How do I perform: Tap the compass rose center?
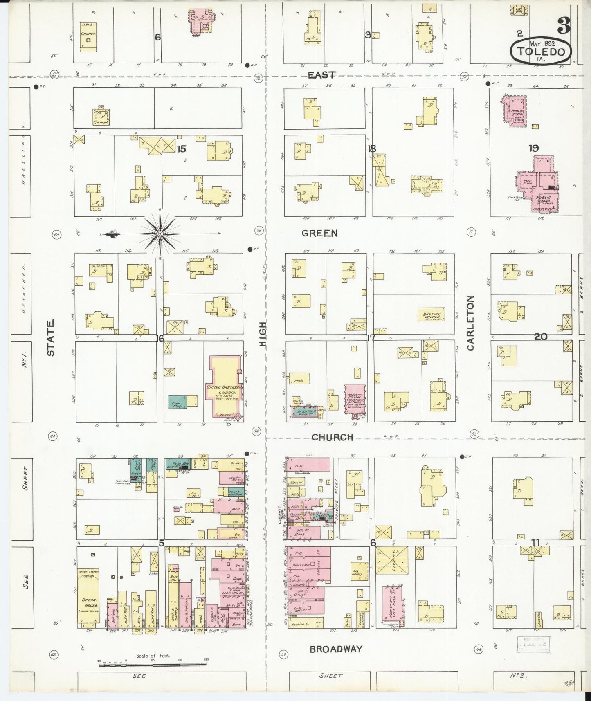pyautogui.click(x=160, y=234)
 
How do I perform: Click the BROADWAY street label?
pyautogui.click(x=336, y=649)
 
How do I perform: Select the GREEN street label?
pyautogui.click(x=320, y=233)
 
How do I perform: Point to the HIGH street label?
pyautogui.click(x=263, y=334)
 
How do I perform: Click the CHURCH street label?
pyautogui.click(x=332, y=437)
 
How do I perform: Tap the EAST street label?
pyautogui.click(x=322, y=75)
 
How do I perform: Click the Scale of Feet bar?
pyautogui.click(x=153, y=665)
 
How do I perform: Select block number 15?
pyautogui.click(x=181, y=149)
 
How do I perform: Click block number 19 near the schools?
pyautogui.click(x=533, y=148)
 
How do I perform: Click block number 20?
pyautogui.click(x=541, y=337)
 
